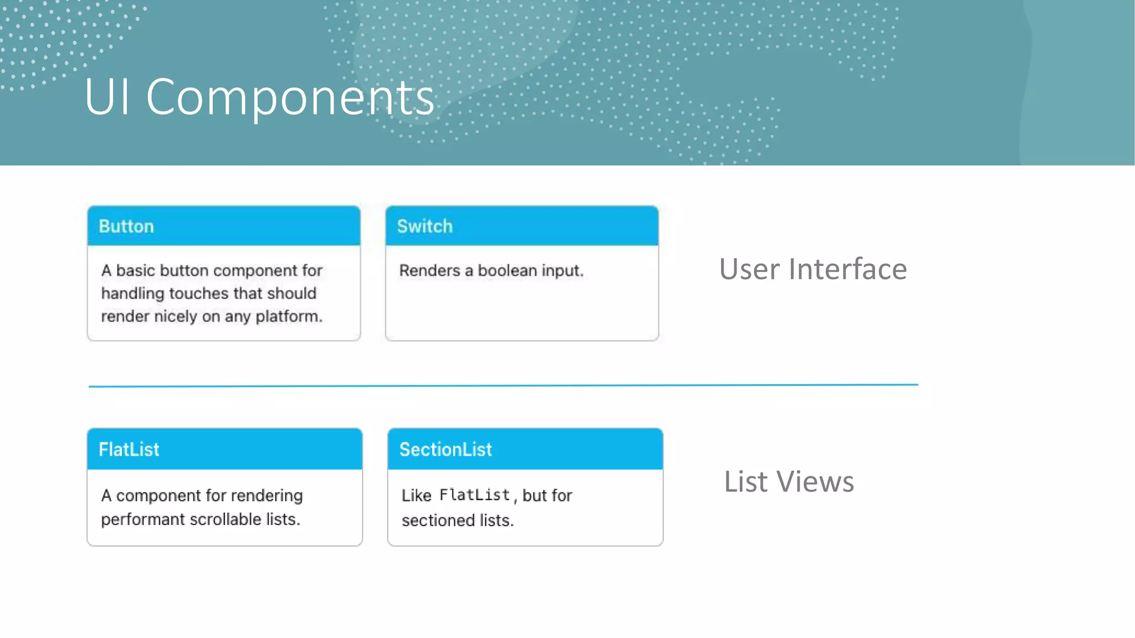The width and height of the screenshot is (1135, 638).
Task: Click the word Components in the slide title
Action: point(290,97)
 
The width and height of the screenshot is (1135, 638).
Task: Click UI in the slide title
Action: point(108,97)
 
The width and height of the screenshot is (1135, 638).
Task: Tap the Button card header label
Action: point(126,227)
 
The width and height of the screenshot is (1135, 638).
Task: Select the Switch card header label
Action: point(425,227)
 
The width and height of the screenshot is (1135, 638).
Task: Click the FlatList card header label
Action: point(129,449)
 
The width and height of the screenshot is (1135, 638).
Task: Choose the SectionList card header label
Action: point(446,449)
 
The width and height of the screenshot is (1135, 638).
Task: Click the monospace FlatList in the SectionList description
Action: point(474,495)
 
